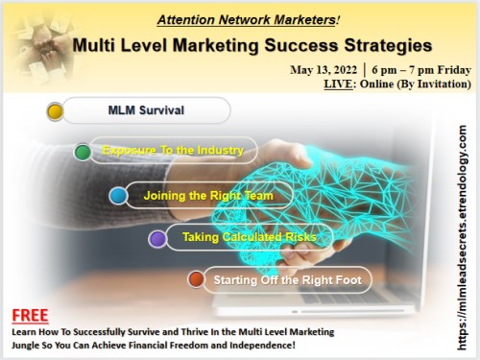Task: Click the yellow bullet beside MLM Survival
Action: (55, 112)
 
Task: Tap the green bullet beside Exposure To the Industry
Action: (84, 152)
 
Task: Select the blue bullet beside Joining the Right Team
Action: (118, 196)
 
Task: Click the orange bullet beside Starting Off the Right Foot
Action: (196, 279)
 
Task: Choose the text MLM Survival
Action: (146, 110)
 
